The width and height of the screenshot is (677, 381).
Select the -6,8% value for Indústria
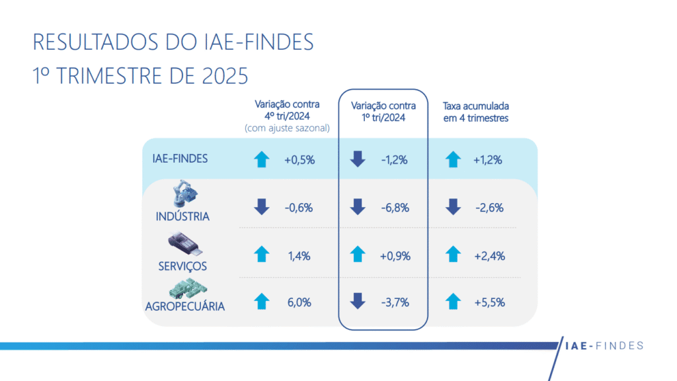pos(394,208)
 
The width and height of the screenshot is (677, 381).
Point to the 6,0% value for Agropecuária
pos(298,302)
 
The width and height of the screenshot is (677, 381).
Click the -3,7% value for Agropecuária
pos(395,302)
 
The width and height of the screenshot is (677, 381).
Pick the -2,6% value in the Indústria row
pos(489,208)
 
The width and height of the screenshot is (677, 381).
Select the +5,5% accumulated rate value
pos(489,302)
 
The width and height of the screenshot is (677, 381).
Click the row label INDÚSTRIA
pos(182,216)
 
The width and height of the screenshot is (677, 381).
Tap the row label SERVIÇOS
pos(182,266)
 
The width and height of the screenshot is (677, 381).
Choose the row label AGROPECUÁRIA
pos(185,306)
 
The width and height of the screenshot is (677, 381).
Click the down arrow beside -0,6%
pos(262,208)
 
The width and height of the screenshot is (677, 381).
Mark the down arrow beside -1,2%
pos(358,159)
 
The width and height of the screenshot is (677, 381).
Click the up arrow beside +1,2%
pos(453,159)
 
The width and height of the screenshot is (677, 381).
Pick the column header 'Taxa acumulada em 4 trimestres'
pos(475,111)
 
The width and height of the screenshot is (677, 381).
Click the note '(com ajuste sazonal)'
pos(287,128)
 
